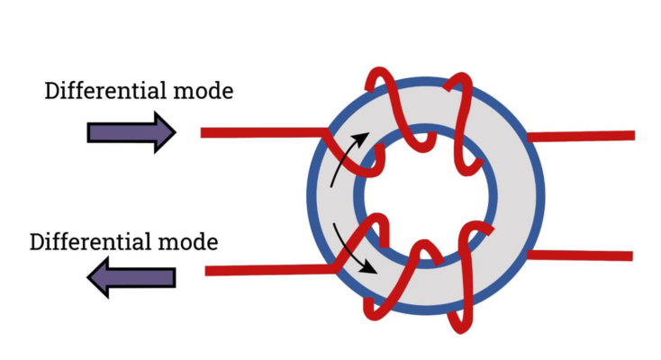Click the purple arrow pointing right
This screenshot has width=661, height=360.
pyautogui.click(x=131, y=132)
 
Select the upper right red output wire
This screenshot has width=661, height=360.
pyautogui.click(x=585, y=136)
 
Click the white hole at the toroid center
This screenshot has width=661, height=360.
pyautogui.click(x=425, y=194)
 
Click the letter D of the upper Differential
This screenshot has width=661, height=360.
pyautogui.click(x=52, y=91)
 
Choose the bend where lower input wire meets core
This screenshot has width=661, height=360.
pyautogui.click(x=337, y=266)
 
